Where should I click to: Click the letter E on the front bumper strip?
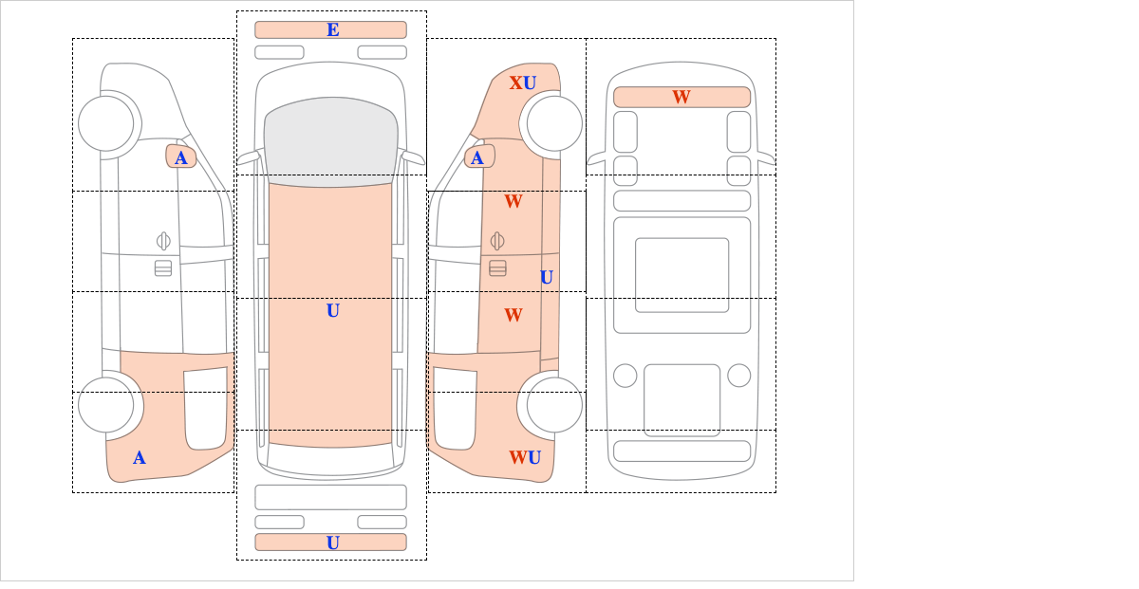click(x=332, y=29)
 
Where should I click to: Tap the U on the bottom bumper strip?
click(x=332, y=543)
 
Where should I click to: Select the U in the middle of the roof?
click(x=332, y=310)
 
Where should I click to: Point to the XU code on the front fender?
click(x=523, y=83)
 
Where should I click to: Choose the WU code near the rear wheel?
click(x=525, y=458)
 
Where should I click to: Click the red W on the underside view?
click(x=682, y=97)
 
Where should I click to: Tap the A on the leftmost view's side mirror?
click(x=180, y=158)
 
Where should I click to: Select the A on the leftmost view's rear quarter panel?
click(x=139, y=458)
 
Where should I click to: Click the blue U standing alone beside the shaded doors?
click(x=546, y=277)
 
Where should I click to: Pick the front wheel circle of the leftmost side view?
click(x=105, y=123)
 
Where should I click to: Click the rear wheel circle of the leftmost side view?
click(x=105, y=405)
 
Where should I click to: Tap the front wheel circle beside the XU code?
click(x=554, y=123)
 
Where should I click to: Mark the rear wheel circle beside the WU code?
click(x=554, y=405)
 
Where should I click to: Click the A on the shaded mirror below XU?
click(x=477, y=158)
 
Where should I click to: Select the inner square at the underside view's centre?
click(x=682, y=275)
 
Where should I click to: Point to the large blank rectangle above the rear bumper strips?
click(x=330, y=497)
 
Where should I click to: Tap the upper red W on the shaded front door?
click(x=513, y=201)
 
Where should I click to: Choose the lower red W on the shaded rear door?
click(x=513, y=315)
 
